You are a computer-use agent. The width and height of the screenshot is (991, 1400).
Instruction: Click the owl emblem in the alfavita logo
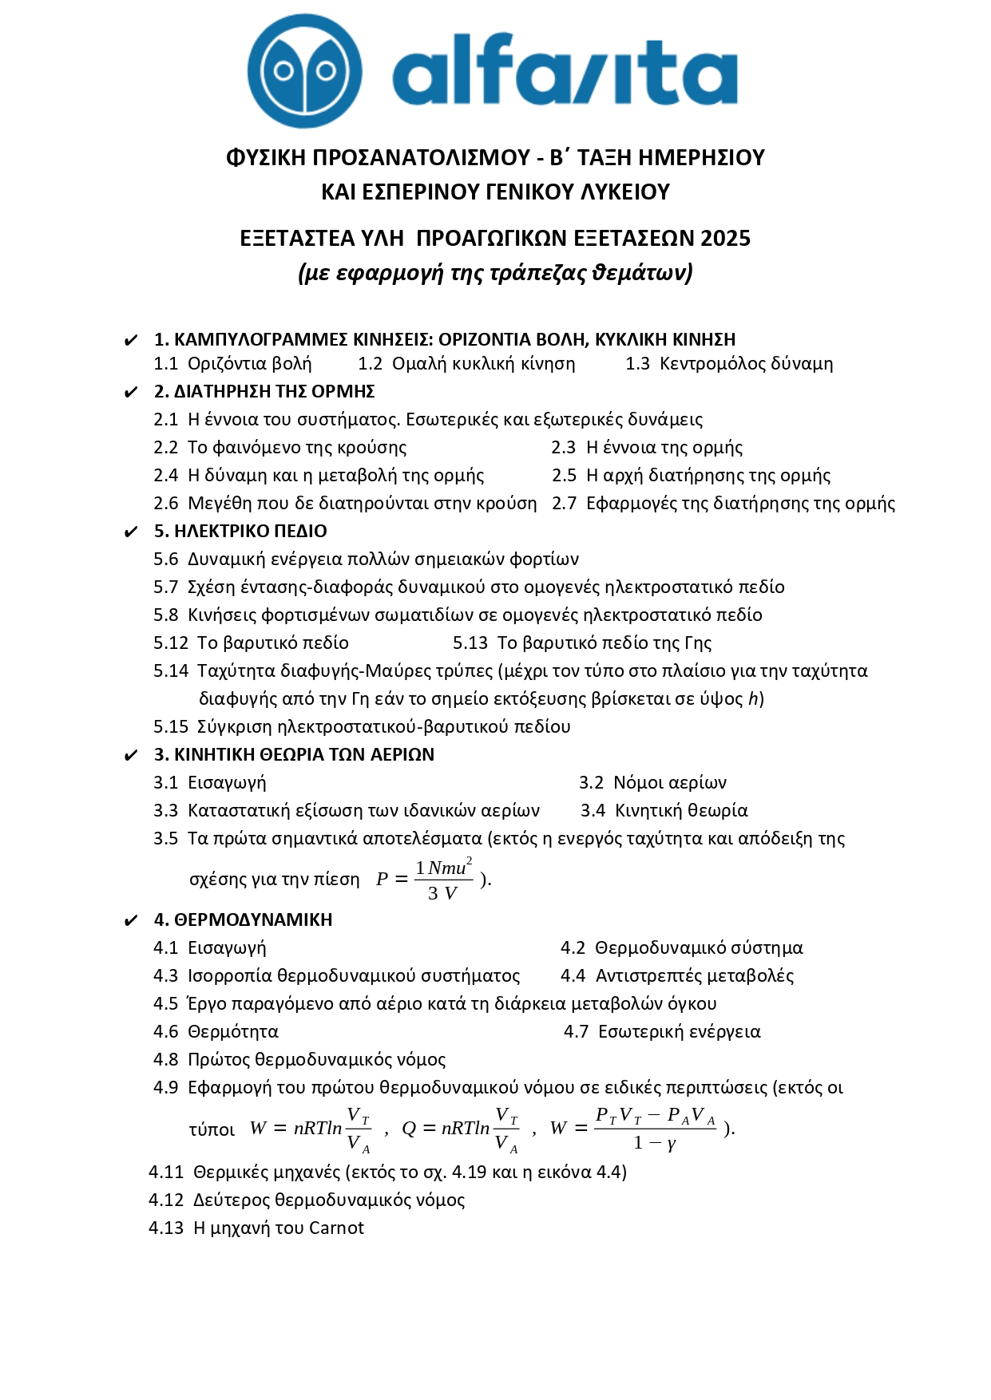304,72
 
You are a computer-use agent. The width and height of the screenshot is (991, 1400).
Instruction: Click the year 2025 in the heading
725,238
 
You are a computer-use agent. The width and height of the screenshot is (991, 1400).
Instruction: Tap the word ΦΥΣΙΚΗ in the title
266,157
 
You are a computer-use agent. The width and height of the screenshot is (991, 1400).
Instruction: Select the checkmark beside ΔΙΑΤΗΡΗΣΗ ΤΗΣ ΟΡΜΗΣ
131,392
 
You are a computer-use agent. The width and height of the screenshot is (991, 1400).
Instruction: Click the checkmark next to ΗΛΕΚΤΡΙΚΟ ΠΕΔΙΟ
131,532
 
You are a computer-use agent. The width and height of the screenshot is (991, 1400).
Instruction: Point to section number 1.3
637,364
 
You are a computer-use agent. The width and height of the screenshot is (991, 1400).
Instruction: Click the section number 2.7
564,503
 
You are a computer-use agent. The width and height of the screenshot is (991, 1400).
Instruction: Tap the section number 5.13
470,643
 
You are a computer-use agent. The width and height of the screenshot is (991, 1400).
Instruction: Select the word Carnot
336,1228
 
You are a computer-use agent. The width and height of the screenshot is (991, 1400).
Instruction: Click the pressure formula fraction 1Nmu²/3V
444,880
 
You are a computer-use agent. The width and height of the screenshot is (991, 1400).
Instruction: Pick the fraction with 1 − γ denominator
655,1128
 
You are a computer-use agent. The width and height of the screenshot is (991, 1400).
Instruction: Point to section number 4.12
166,1200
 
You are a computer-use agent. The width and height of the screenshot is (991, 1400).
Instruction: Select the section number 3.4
593,810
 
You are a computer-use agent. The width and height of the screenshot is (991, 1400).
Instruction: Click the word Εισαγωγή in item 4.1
227,947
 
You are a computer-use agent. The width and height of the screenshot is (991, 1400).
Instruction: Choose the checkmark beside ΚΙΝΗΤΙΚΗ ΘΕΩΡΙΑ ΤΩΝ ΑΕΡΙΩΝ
131,755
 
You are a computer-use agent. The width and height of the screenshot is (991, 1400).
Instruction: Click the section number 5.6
166,559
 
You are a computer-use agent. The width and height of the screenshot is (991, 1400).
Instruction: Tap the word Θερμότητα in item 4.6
233,1031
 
